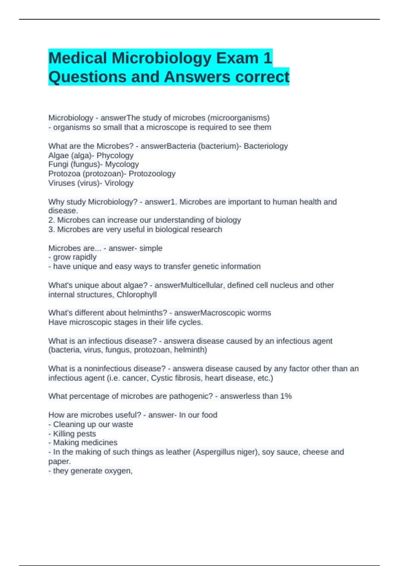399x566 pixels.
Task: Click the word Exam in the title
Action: tap(237, 58)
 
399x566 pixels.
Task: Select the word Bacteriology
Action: tap(266, 146)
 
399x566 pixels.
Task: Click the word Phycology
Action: tap(115, 155)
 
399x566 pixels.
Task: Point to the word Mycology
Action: tap(122, 164)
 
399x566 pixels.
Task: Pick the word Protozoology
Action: tap(152, 174)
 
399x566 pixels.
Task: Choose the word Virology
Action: tap(119, 183)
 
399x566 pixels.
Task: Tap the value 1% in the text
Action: tap(286, 396)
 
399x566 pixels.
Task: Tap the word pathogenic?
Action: tap(191, 396)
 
